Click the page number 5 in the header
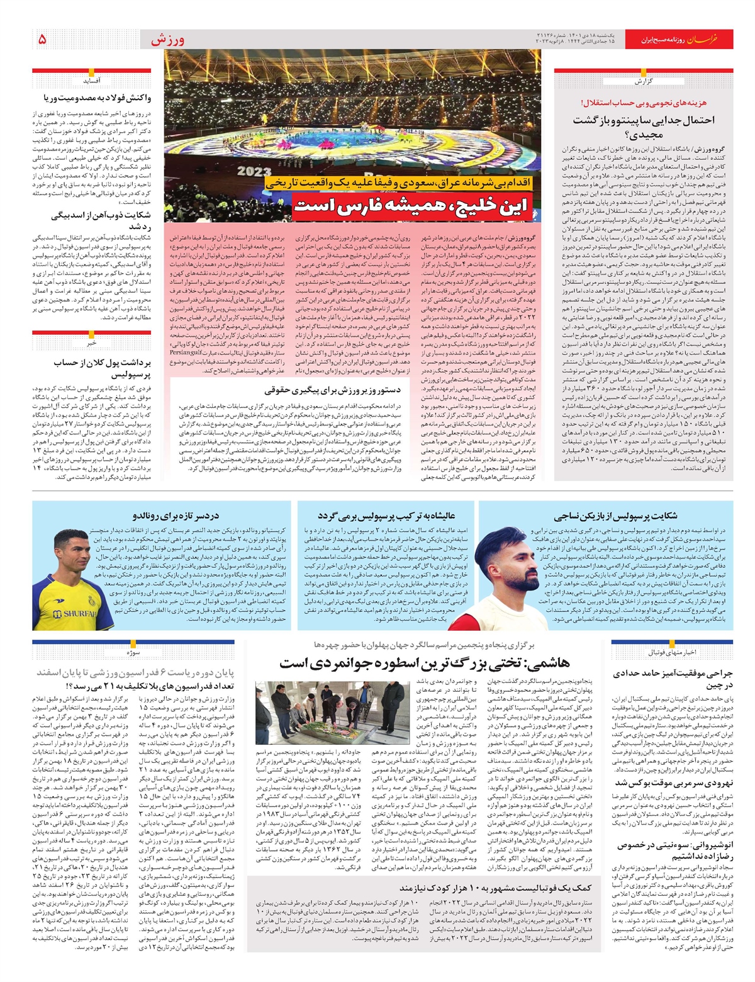[x=42, y=39]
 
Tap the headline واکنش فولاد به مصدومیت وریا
[x=97, y=98]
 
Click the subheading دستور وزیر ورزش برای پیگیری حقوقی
[x=337, y=390]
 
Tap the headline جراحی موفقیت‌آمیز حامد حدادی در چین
[x=673, y=679]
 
